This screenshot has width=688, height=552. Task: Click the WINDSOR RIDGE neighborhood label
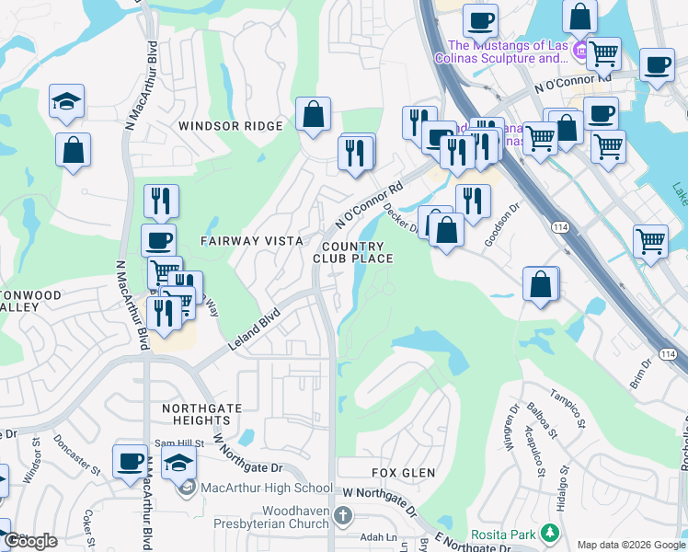[231, 126]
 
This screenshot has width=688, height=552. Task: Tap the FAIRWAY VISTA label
[252, 241]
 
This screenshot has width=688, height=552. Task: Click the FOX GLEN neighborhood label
[403, 473]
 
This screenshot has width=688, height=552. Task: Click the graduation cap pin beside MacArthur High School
[179, 463]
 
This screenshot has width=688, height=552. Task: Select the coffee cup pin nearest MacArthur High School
[130, 461]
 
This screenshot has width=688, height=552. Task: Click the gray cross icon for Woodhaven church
[343, 515]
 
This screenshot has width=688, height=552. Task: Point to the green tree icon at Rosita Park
[550, 533]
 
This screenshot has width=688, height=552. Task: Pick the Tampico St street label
[568, 408]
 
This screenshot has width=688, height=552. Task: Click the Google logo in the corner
[30, 541]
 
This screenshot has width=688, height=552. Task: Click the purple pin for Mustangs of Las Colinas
[580, 49]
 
